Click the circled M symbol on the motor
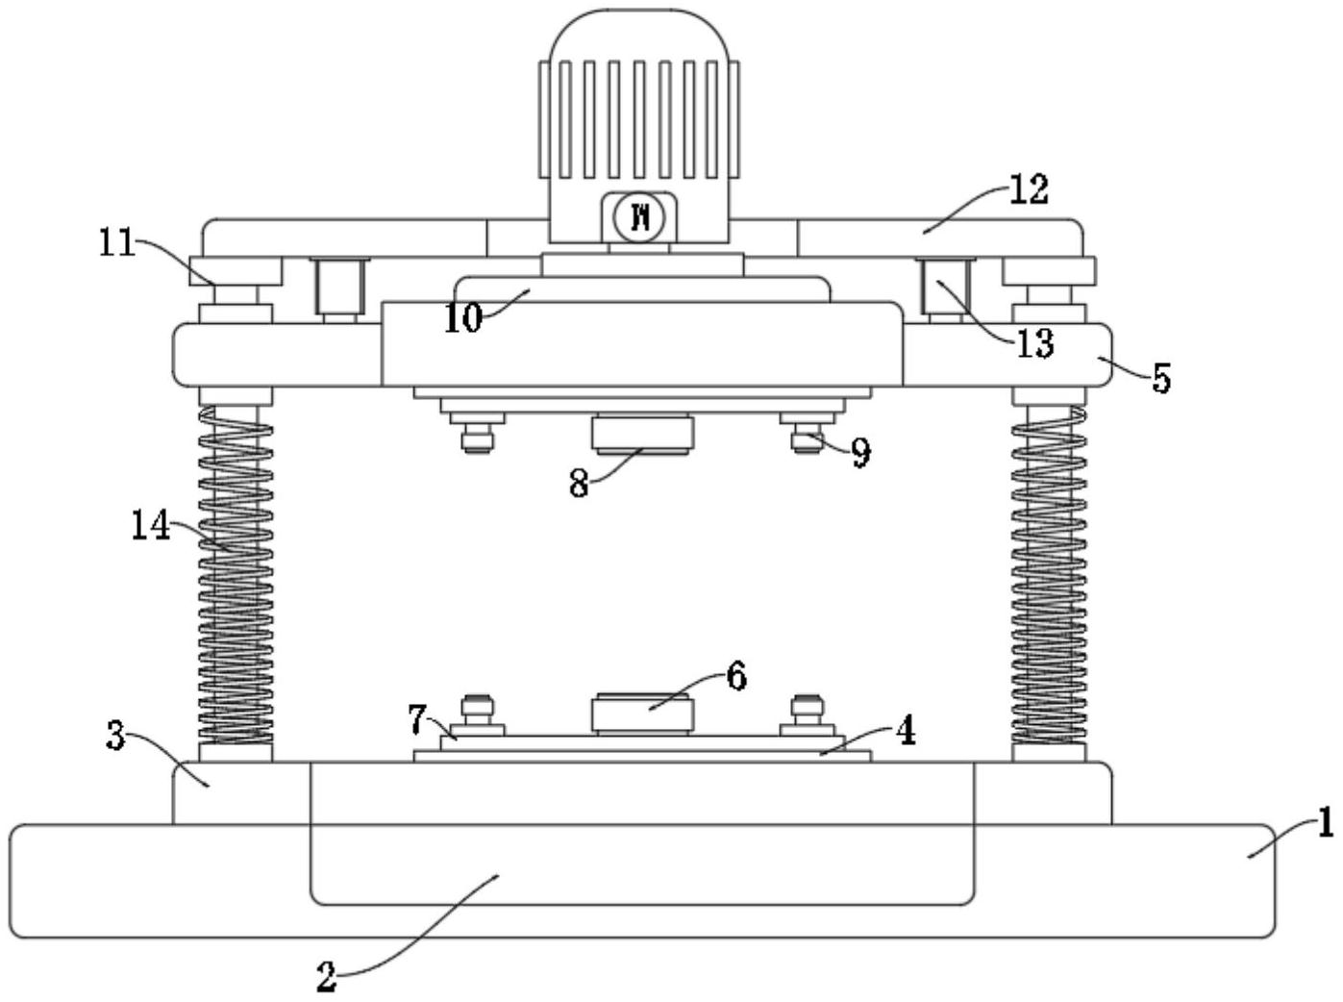(x=639, y=217)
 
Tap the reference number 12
(x=1029, y=189)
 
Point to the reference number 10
(x=463, y=318)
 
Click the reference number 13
(x=1034, y=343)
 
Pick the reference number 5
(x=1160, y=378)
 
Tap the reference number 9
(x=860, y=453)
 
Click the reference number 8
(x=579, y=484)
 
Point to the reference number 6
(x=736, y=677)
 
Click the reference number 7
(x=417, y=719)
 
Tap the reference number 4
(x=906, y=731)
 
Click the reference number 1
(x=1325, y=823)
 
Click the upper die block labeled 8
(x=642, y=436)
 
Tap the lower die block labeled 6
(x=642, y=714)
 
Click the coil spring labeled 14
(x=236, y=575)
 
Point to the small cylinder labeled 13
(x=945, y=288)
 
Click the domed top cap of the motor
(x=639, y=36)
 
